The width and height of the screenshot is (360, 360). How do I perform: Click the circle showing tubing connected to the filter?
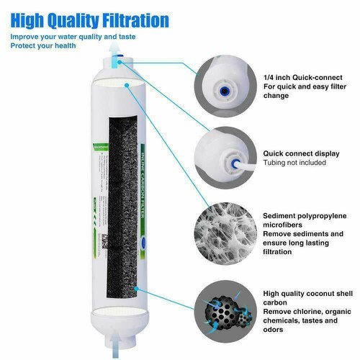tap(224, 158)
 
